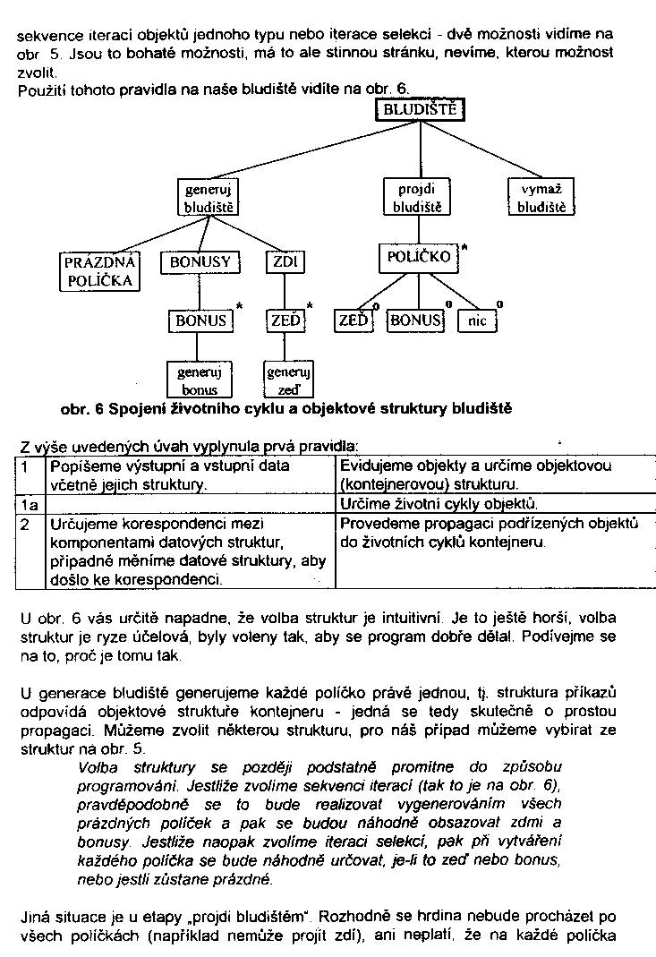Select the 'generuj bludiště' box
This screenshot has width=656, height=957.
pyautogui.click(x=208, y=198)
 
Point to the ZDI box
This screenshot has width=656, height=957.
pyautogui.click(x=285, y=262)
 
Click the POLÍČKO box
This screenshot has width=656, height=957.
pyautogui.click(x=418, y=258)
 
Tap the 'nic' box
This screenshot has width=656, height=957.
pyautogui.click(x=476, y=320)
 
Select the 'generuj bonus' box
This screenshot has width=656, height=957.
pyautogui.click(x=200, y=379)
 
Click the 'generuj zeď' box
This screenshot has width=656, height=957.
pyautogui.click(x=288, y=379)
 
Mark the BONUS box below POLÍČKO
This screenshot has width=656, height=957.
pyautogui.click(x=414, y=320)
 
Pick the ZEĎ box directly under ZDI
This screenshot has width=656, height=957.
pyautogui.click(x=285, y=320)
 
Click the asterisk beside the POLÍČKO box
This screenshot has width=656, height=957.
pyautogui.click(x=464, y=246)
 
